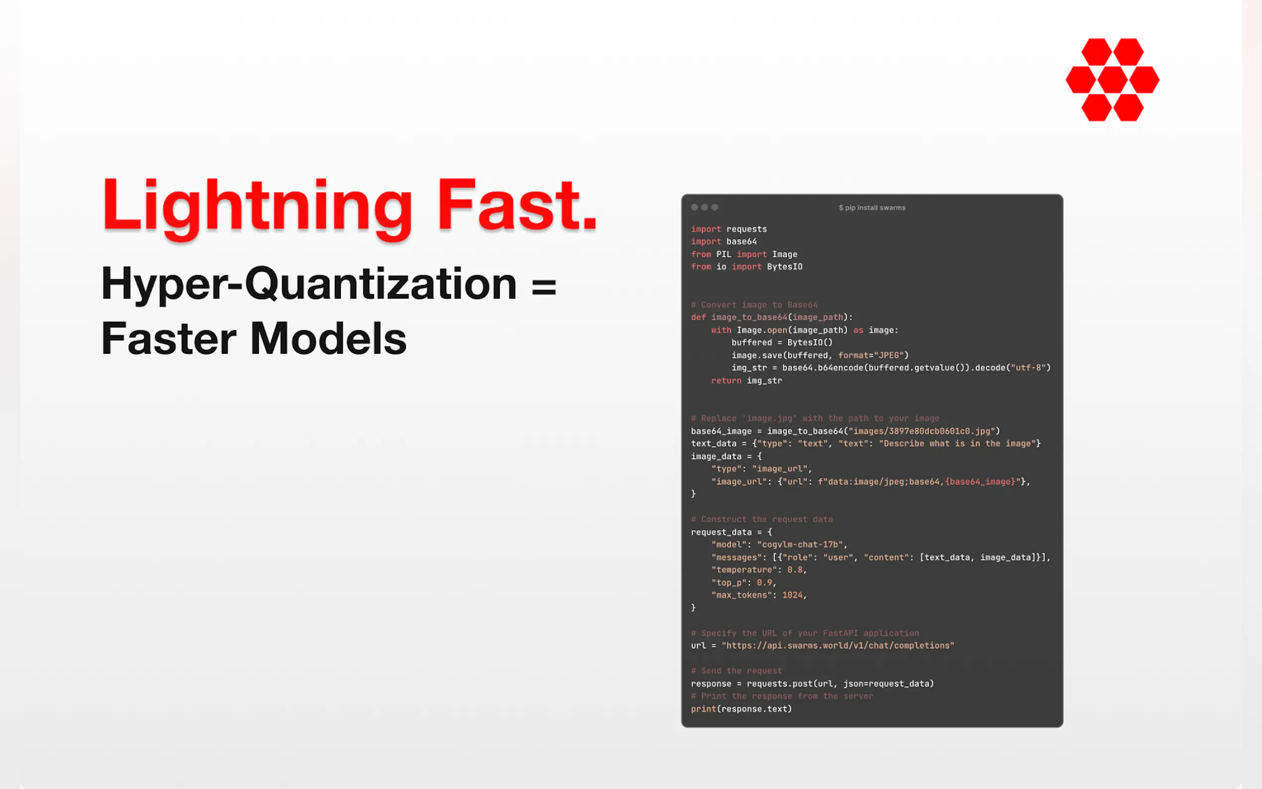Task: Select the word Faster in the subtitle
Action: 169,338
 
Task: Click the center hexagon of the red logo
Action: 1112,80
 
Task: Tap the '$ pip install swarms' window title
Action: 872,208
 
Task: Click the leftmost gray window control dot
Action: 695,207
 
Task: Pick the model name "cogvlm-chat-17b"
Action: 800,545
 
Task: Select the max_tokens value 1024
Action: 792,595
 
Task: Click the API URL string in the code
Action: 838,645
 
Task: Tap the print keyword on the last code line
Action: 703,709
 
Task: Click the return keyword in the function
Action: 726,381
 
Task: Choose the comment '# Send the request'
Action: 736,671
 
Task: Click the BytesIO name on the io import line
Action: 785,267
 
